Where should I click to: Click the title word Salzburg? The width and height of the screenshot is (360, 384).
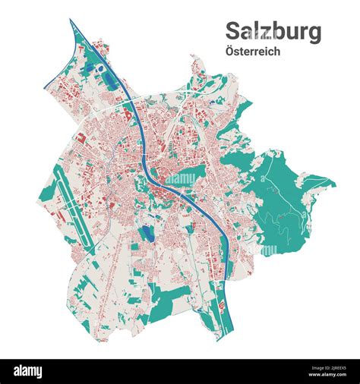273,33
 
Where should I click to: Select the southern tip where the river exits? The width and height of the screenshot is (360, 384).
218,338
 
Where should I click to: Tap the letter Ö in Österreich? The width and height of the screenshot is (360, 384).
229,52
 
